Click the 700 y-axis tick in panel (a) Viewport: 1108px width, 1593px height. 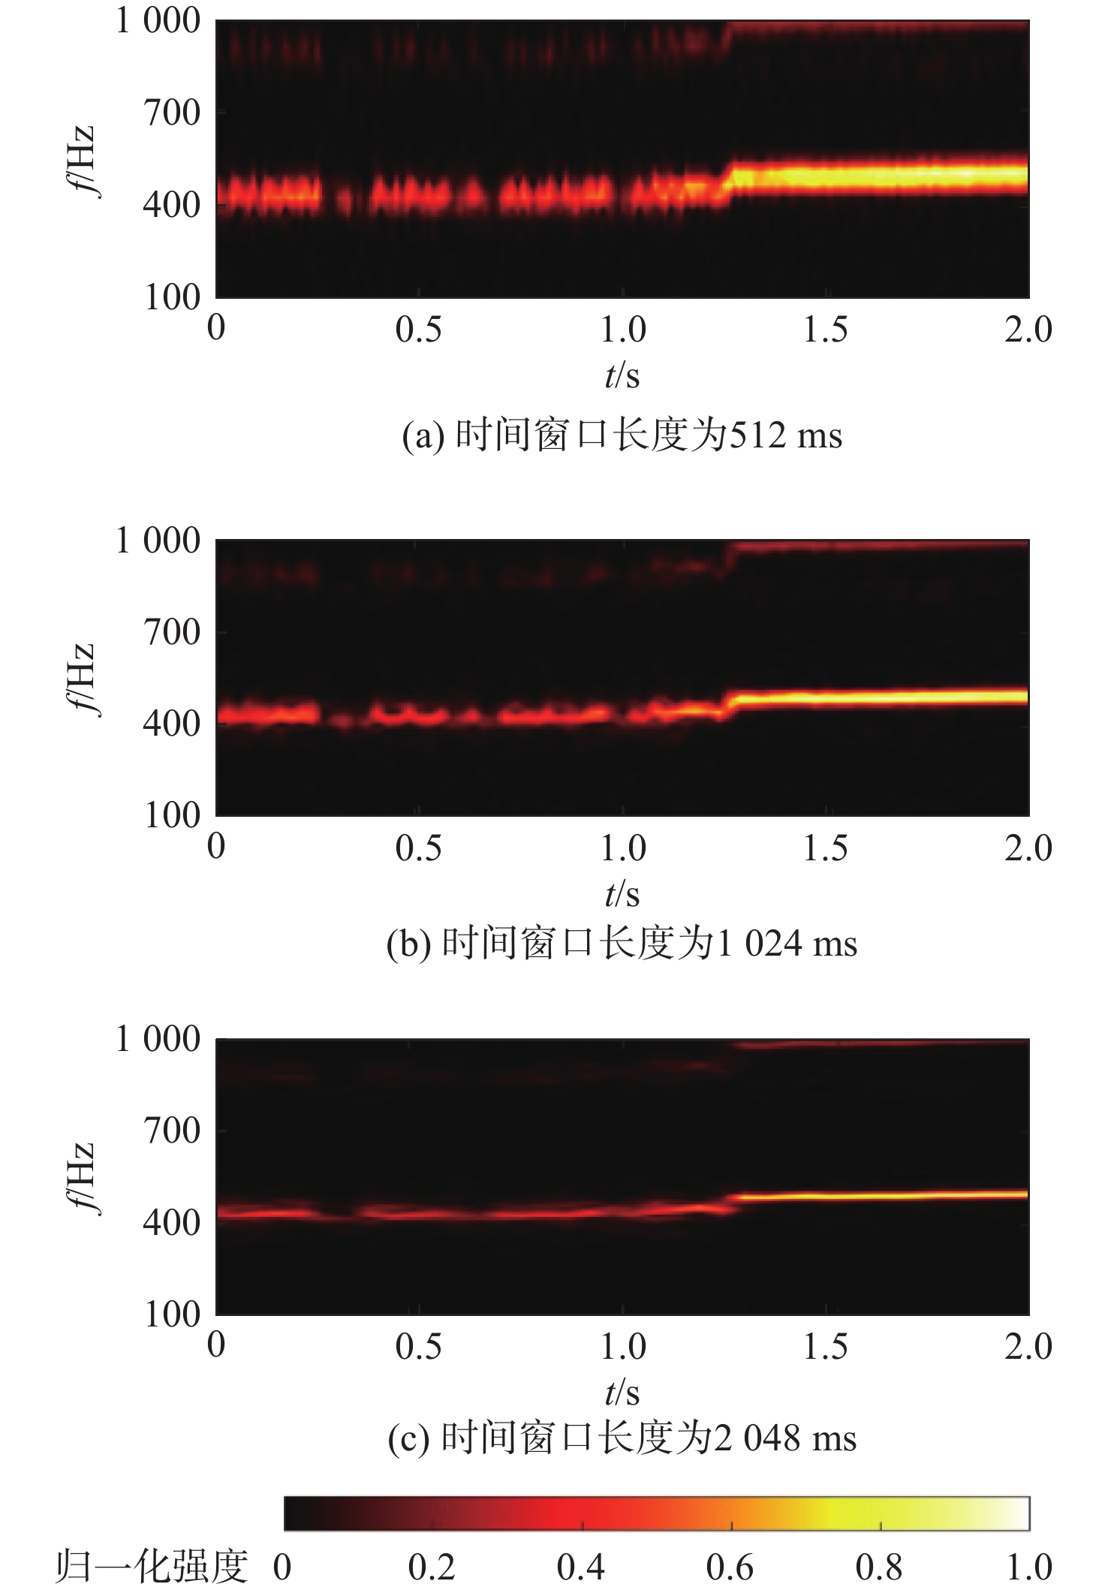click(x=171, y=113)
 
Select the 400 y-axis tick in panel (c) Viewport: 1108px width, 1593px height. click(x=171, y=1224)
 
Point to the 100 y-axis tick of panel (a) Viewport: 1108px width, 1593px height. click(x=171, y=297)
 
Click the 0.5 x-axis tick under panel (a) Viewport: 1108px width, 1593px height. click(x=418, y=330)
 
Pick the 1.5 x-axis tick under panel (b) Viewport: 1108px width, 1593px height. click(x=825, y=848)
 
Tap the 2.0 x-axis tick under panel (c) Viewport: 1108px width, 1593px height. click(x=1028, y=1347)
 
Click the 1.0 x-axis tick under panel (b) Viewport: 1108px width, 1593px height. click(x=622, y=848)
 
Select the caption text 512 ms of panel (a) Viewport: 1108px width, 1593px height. click(x=786, y=436)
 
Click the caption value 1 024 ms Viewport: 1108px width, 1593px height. click(x=787, y=944)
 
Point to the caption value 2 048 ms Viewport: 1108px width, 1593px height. click(x=786, y=1439)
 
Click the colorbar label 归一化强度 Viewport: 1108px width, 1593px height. click(x=151, y=1567)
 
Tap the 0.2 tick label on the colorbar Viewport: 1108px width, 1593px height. click(x=432, y=1567)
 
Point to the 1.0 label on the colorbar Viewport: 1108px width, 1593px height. click(x=1028, y=1567)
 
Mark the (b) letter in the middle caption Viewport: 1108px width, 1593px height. click(x=408, y=944)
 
